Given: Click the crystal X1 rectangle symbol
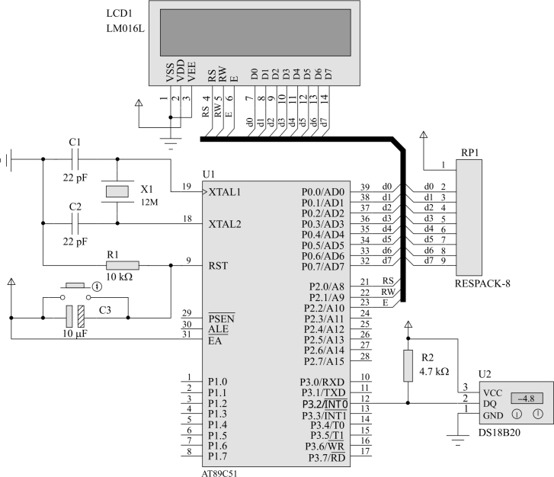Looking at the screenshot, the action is coord(117,191).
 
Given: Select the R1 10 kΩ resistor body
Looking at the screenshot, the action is coord(123,265).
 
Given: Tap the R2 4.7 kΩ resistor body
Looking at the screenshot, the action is coord(408,366).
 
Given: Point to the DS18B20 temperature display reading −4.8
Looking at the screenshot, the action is coord(527,399).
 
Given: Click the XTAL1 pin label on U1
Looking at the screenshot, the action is coord(225,192).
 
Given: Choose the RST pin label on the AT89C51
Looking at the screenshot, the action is coord(218,266).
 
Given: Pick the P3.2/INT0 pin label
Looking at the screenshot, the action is coord(325,404).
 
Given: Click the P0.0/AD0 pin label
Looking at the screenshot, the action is coord(322,192).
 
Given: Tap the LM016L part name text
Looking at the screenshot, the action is coord(126,29).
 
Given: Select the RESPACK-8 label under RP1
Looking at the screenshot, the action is coord(482,283).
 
